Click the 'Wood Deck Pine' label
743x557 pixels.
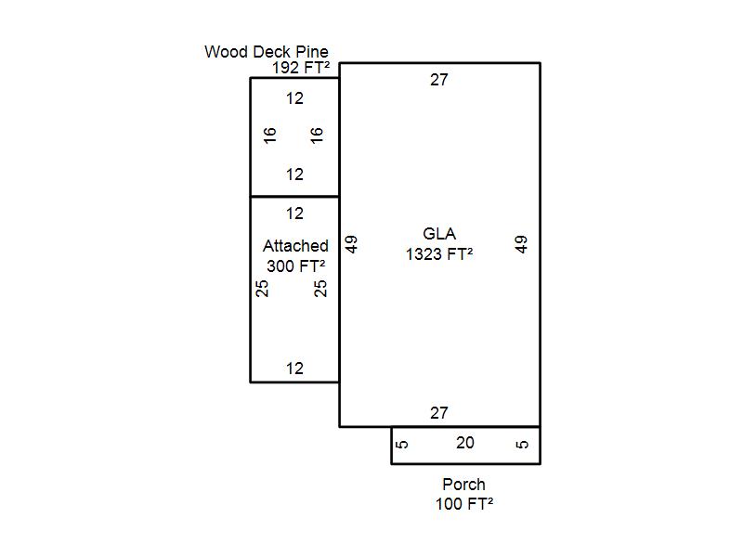click(x=267, y=52)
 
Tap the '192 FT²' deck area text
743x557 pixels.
click(x=301, y=68)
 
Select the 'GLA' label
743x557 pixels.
click(x=439, y=234)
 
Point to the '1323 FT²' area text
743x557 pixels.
click(x=439, y=254)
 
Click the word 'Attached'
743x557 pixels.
click(x=295, y=246)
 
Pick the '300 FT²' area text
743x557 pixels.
click(x=295, y=266)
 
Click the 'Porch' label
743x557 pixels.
click(x=463, y=485)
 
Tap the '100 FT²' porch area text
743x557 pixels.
click(x=464, y=504)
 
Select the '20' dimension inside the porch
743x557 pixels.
click(x=465, y=443)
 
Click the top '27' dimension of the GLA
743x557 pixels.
click(x=438, y=80)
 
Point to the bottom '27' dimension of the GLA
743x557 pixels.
click(x=438, y=413)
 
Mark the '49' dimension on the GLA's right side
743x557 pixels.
click(x=521, y=244)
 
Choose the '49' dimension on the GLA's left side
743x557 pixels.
click(x=351, y=244)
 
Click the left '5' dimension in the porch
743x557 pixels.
click(x=401, y=445)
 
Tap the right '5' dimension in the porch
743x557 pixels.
click(x=522, y=445)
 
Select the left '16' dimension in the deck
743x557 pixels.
click(x=269, y=136)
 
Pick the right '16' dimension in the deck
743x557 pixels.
click(x=316, y=136)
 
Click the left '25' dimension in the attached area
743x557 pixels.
click(x=262, y=289)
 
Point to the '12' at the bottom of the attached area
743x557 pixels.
click(x=294, y=369)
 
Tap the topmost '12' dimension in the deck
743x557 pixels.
click(x=294, y=98)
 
